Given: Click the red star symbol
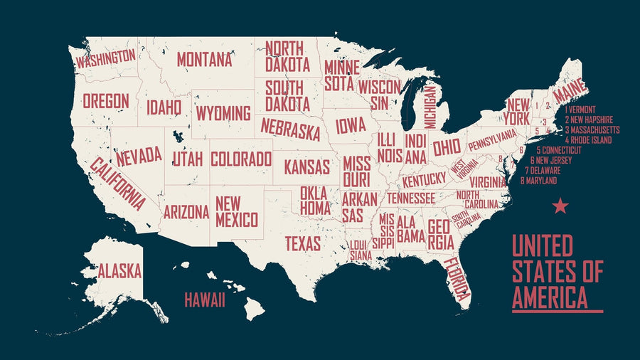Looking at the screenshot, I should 560,206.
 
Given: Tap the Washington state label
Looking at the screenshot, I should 105,58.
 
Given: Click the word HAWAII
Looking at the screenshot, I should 205,300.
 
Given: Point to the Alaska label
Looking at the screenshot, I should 119,271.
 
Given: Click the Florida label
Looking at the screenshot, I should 455,278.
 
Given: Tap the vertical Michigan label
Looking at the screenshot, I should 430,107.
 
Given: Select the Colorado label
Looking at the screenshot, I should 241,159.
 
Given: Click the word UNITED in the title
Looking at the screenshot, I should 542,247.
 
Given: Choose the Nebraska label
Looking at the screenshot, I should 289,129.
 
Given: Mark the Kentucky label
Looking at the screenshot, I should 424,178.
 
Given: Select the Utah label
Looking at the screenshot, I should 188,158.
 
